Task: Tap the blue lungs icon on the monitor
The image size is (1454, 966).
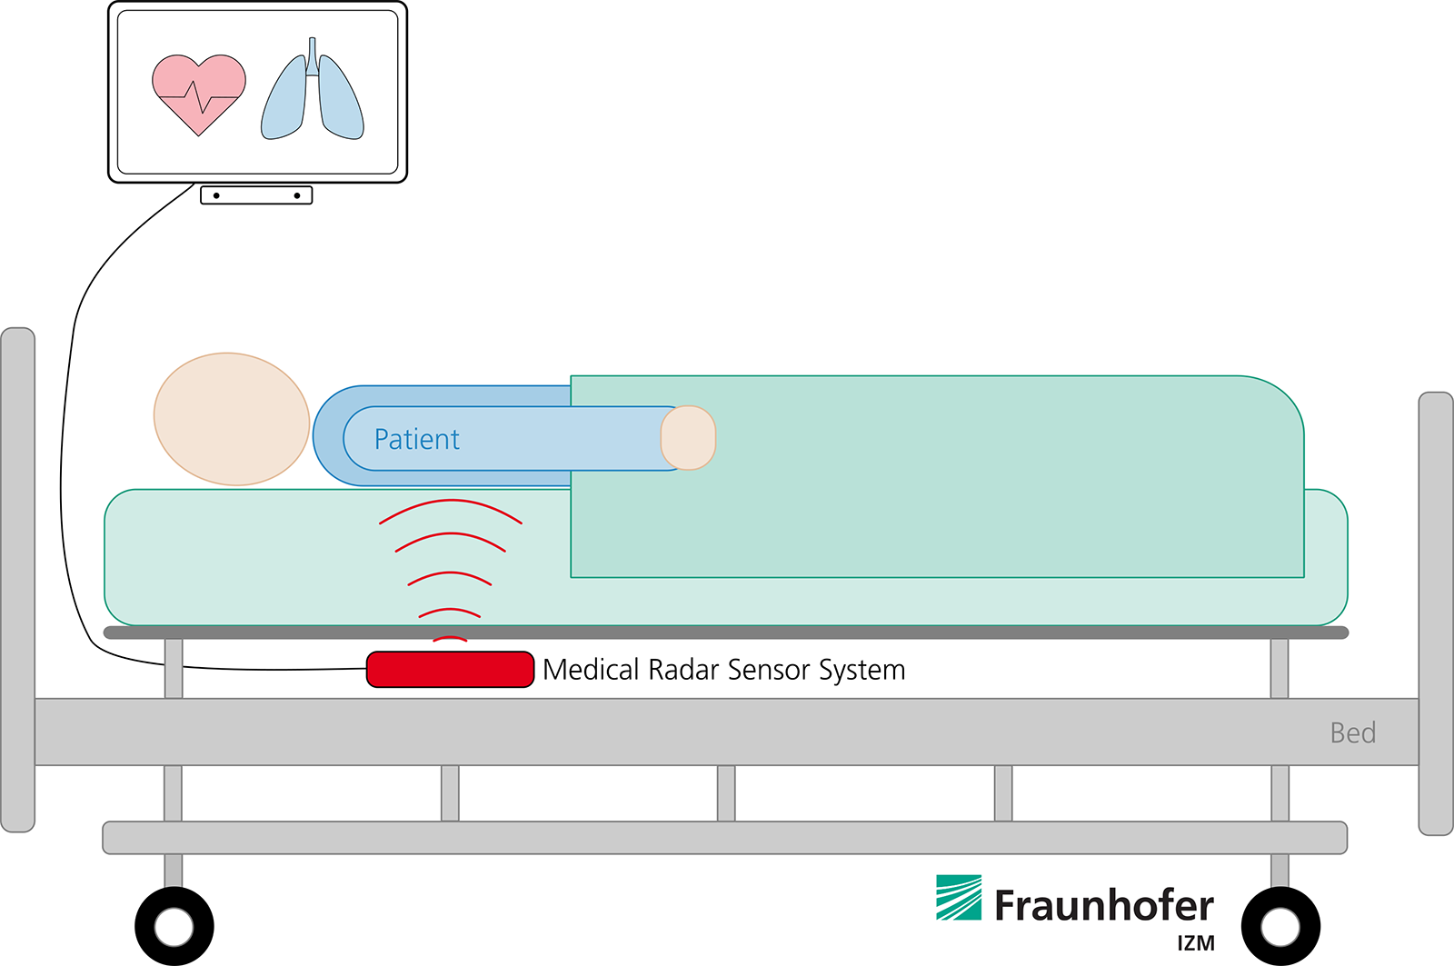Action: click(313, 95)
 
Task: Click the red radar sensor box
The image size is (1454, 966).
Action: click(450, 670)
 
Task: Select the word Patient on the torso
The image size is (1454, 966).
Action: click(417, 440)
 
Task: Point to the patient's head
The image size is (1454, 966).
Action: click(232, 419)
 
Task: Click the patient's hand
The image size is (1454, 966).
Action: click(688, 437)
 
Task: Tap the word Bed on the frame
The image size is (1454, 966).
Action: click(1352, 732)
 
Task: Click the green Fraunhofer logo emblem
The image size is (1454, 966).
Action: click(959, 898)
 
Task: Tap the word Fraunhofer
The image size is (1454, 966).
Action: click(1104, 906)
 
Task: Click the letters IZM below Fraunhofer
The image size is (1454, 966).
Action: click(1196, 943)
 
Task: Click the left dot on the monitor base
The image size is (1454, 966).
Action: click(216, 195)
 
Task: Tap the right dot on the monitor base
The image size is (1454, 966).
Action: click(297, 195)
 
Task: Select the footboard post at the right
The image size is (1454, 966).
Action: click(1436, 613)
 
